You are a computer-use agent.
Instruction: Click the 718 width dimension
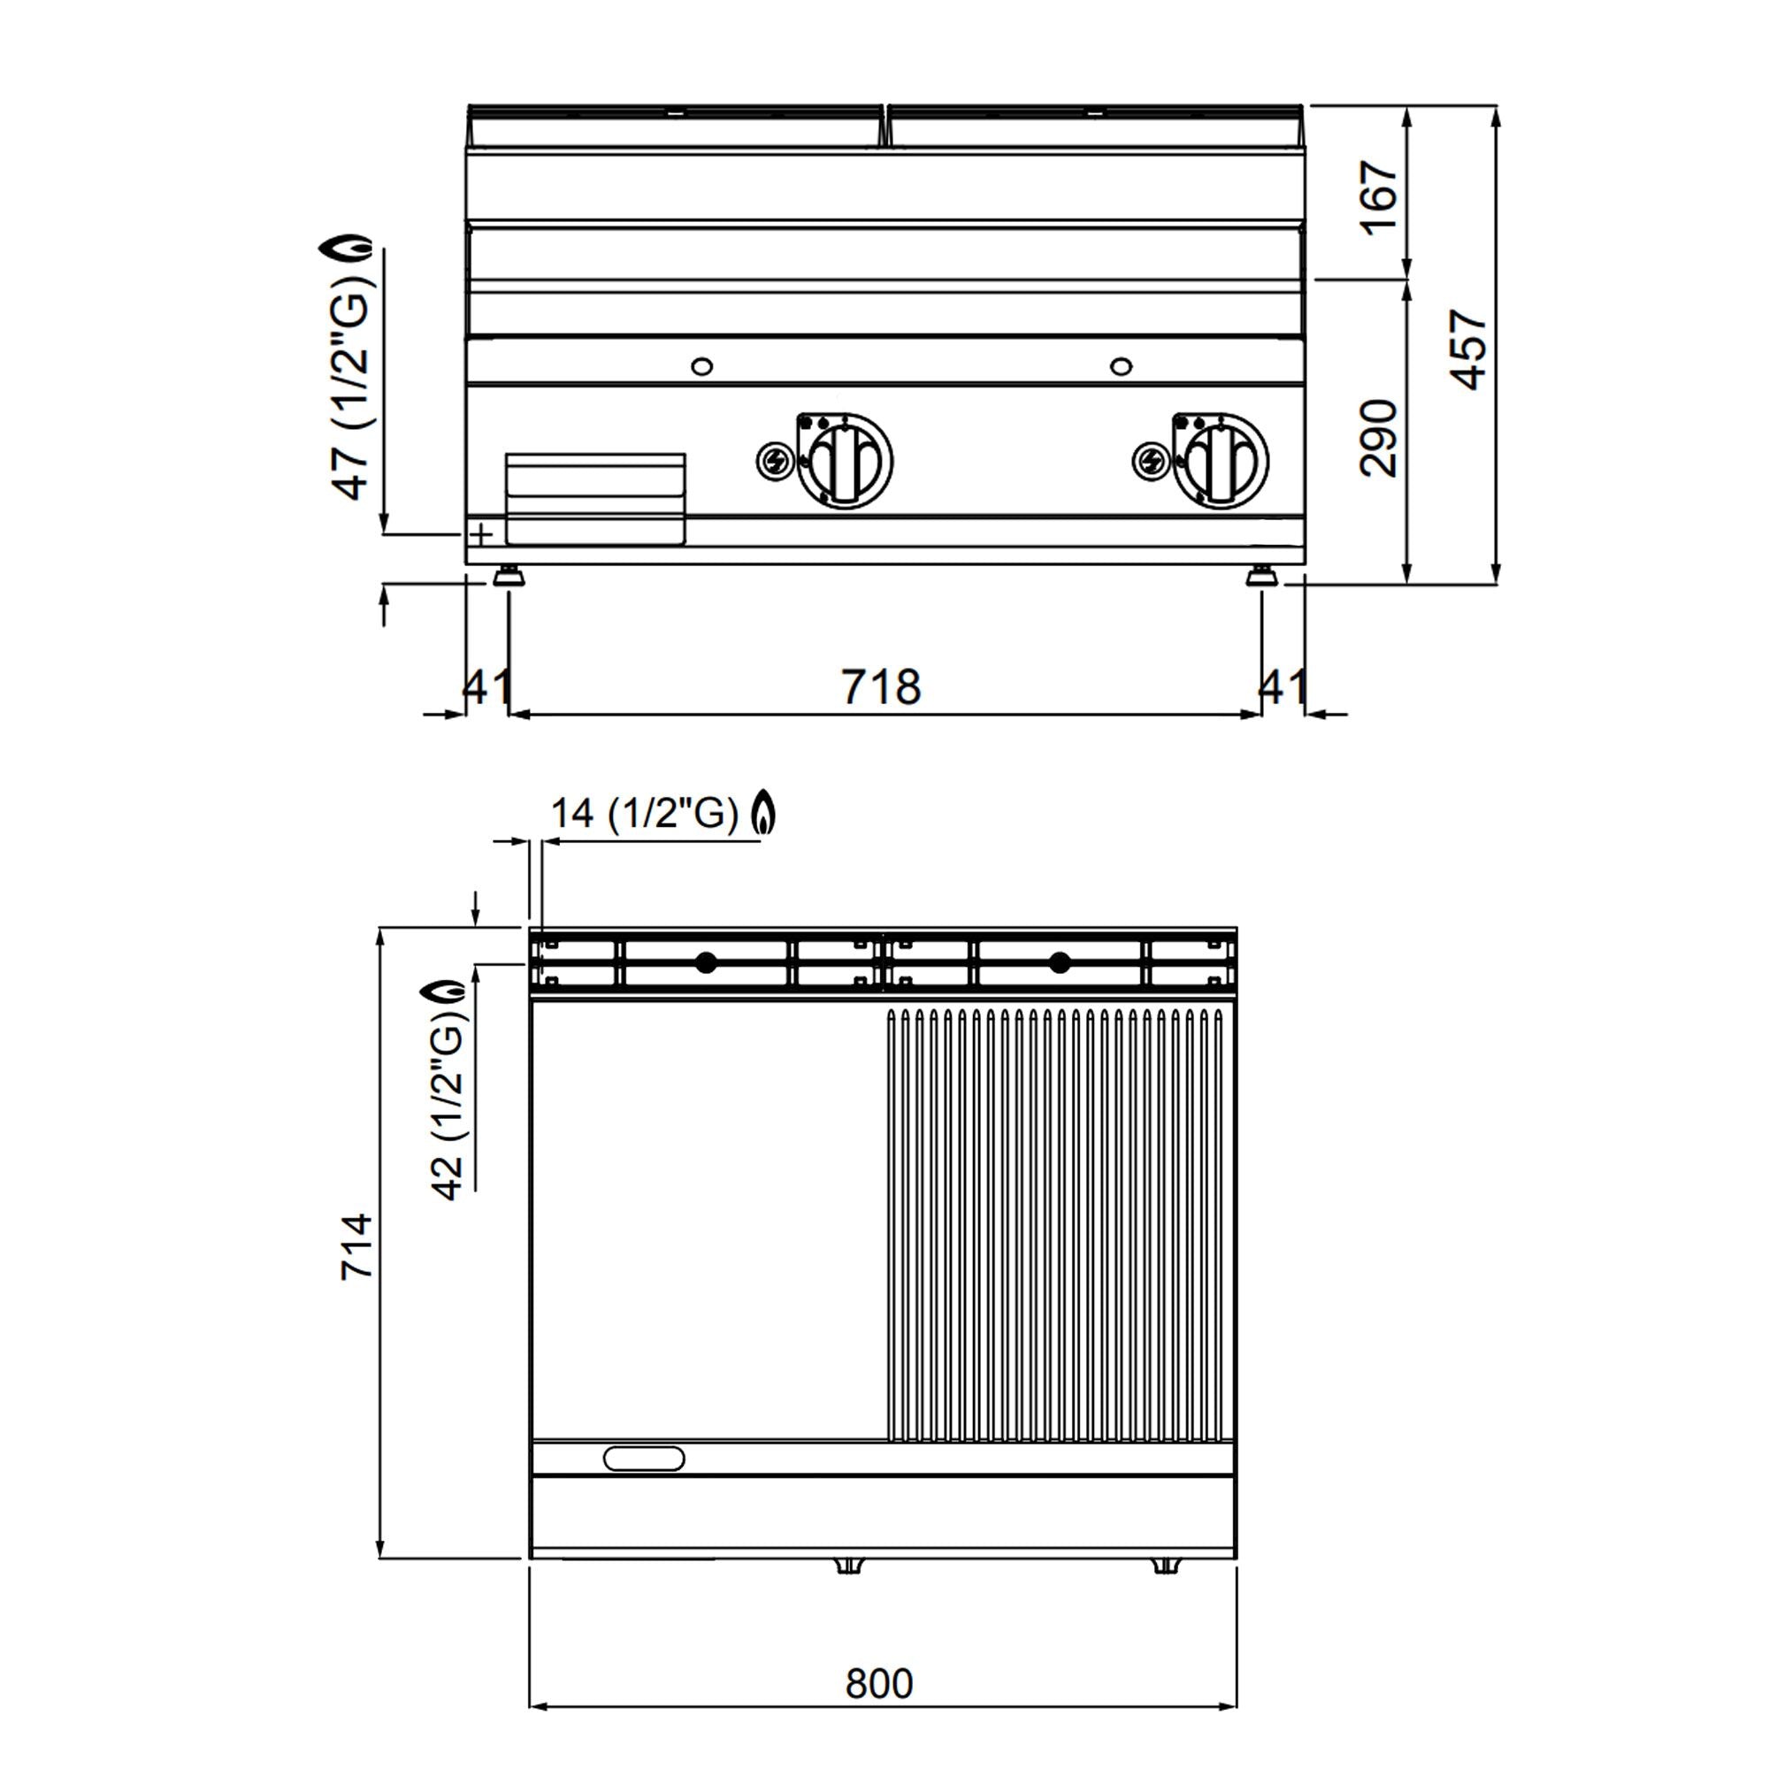(881, 687)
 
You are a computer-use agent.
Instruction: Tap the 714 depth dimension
(357, 1246)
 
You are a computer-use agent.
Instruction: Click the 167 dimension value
(1380, 199)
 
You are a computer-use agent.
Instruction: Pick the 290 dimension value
(1378, 439)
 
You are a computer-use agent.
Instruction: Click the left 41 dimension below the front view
(486, 686)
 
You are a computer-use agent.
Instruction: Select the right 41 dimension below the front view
(1283, 686)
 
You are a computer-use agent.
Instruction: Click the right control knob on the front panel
(1221, 460)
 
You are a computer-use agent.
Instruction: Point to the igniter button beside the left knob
(774, 461)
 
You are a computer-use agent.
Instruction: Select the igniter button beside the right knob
(1150, 460)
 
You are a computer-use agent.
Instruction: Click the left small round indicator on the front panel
(701, 366)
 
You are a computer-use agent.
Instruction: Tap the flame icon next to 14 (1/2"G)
(763, 812)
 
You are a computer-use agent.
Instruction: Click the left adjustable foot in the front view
(509, 578)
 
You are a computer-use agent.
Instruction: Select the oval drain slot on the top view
(644, 1458)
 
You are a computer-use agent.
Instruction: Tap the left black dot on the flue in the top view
(706, 962)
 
